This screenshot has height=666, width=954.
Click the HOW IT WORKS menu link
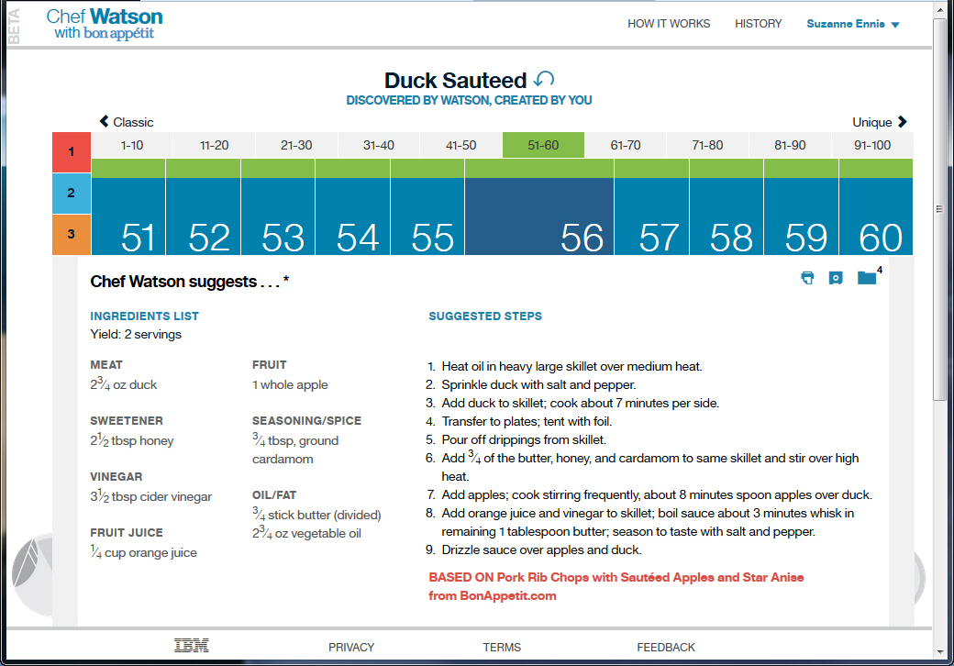[x=669, y=24]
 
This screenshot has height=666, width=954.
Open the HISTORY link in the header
[x=758, y=24]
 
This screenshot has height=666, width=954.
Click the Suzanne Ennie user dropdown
[x=852, y=24]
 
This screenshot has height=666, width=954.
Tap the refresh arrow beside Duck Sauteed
[x=544, y=80]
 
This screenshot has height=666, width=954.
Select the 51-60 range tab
[x=543, y=145]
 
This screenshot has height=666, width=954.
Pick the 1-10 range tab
[x=132, y=145]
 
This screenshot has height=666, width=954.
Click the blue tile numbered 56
[x=538, y=216]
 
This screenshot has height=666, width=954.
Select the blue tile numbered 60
[x=876, y=216]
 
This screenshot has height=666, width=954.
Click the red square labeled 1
[x=72, y=152]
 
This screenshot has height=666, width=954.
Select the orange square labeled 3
[x=72, y=234]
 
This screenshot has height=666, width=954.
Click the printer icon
[x=807, y=278]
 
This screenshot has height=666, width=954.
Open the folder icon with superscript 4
[x=867, y=277]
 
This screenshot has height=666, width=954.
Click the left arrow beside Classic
[x=104, y=122]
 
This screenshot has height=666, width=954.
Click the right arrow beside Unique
[x=903, y=122]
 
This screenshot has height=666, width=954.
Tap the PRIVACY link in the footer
[x=351, y=647]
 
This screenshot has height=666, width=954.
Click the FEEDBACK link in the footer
[x=666, y=647]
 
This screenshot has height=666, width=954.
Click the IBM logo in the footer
[x=191, y=646]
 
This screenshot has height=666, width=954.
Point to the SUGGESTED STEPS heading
[x=485, y=316]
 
